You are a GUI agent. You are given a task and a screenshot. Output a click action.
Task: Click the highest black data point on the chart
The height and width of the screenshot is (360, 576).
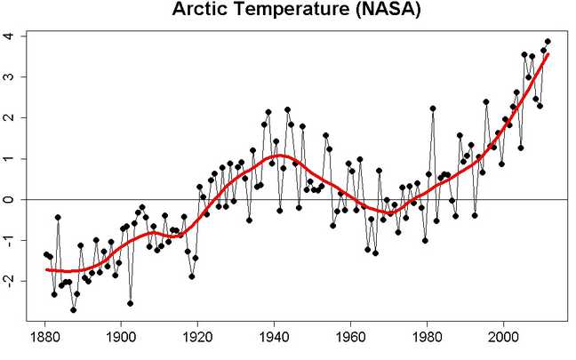[548, 41]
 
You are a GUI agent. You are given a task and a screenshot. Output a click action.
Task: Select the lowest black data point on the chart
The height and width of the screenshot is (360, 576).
[73, 309]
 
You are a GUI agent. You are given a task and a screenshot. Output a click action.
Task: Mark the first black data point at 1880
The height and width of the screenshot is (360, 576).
[45, 253]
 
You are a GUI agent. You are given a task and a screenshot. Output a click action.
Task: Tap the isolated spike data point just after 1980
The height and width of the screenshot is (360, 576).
[433, 108]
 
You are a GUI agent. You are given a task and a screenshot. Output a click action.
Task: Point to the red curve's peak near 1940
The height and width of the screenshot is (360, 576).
[279, 156]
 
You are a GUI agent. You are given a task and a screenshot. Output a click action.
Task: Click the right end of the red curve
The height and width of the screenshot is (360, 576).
[548, 54]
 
